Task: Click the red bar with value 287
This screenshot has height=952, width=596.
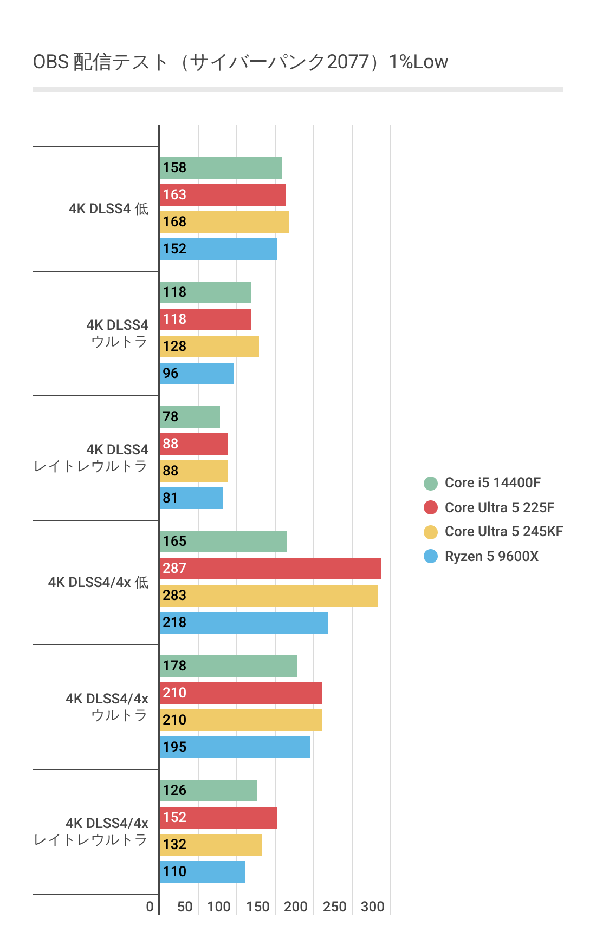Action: coord(271,569)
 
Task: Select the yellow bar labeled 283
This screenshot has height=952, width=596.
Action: coord(269,596)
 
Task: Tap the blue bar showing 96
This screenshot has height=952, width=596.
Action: coord(197,374)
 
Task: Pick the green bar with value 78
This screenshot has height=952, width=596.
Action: coord(190,417)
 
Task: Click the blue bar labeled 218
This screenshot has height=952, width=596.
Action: coord(244,623)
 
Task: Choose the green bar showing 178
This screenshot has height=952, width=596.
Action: coord(229,666)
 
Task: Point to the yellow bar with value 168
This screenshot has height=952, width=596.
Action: coord(225,222)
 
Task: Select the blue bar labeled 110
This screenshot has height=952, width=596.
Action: coord(203,872)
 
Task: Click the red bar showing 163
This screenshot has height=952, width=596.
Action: coord(223,195)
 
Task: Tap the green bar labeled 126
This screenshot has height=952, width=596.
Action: coord(209,791)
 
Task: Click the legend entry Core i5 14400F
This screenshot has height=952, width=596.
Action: coord(492,482)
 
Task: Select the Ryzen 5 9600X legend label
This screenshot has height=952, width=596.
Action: coord(491,556)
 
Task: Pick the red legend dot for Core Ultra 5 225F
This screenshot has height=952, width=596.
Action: coord(431,507)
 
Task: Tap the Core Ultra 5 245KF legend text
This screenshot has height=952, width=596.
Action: coord(503,531)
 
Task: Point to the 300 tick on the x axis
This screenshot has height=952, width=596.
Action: coord(373,907)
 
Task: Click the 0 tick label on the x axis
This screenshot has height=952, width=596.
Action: coord(150,907)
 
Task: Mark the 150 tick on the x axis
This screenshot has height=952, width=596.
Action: coord(258,907)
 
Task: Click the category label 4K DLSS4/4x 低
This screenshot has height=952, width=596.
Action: coord(98,582)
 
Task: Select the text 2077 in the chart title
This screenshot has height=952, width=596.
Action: coord(348,62)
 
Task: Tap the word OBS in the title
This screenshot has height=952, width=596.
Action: coord(51,62)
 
